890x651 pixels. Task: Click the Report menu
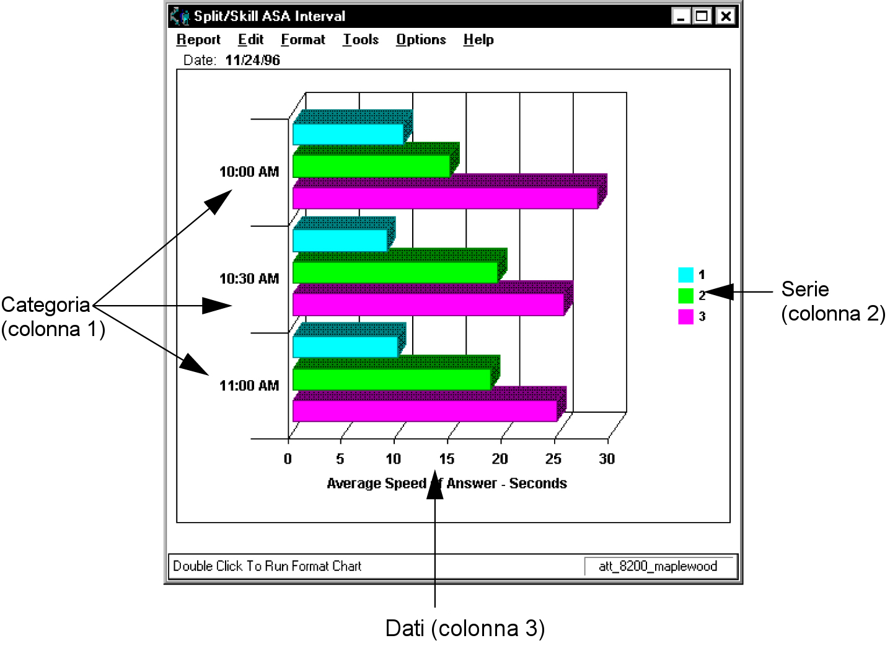pos(198,39)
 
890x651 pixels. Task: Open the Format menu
pos(302,39)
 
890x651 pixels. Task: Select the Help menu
pos(478,39)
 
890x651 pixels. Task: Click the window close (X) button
pos(726,16)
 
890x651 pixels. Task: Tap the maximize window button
pos(702,16)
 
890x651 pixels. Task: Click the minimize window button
pos(681,16)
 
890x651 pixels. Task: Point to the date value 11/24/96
pos(252,60)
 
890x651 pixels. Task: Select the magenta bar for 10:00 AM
pos(445,198)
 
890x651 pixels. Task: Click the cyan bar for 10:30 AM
pos(340,241)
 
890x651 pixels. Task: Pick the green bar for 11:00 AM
pos(392,379)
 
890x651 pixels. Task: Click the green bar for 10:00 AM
pos(371,166)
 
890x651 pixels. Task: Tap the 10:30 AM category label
pos(249,278)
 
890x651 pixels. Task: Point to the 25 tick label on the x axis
pos(553,459)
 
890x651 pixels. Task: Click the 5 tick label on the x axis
pos(340,459)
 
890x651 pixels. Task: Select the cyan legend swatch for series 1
pos(685,275)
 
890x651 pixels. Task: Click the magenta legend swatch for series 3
pos(685,317)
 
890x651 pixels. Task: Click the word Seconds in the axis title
pos(538,483)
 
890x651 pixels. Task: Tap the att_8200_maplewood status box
pos(658,566)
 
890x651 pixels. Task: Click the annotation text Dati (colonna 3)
pos(465,629)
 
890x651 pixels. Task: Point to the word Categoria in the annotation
pos(46,305)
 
